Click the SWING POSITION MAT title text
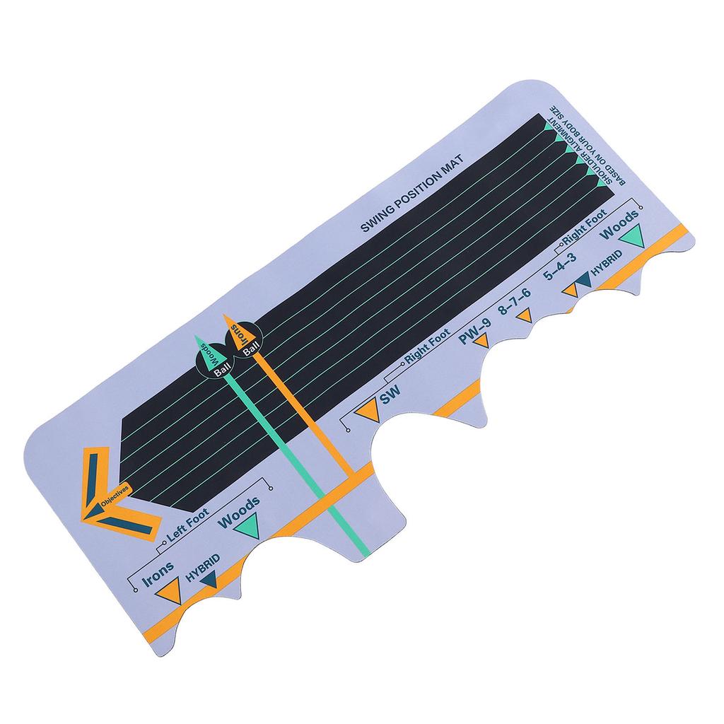click(412, 194)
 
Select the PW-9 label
click(474, 332)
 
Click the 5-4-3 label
click(560, 267)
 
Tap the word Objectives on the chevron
click(113, 496)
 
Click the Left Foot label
click(187, 525)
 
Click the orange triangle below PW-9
click(481, 341)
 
